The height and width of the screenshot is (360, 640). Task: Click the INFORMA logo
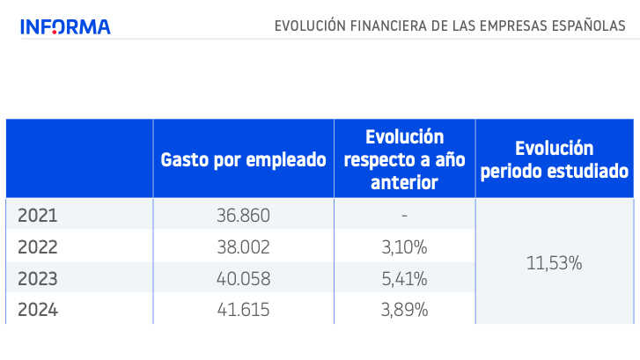(65, 26)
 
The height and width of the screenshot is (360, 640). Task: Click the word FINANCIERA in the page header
(385, 26)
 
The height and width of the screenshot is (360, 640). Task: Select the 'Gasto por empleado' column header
(243, 160)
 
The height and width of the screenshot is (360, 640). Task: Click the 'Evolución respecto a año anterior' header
(404, 159)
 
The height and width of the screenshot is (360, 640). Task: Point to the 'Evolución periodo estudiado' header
(554, 159)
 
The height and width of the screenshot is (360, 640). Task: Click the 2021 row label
(37, 215)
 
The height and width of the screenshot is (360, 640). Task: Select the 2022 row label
(37, 247)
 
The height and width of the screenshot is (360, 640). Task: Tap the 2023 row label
(37, 279)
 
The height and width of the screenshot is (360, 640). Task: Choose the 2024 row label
(37, 310)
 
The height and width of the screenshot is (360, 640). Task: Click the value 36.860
(243, 216)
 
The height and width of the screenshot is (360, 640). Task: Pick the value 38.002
(243, 247)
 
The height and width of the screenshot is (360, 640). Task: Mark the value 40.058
(243, 279)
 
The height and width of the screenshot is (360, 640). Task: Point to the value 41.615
(243, 310)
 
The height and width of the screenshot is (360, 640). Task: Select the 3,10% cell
(404, 247)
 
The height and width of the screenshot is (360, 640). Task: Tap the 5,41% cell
(404, 279)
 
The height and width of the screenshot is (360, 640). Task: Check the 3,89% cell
(404, 310)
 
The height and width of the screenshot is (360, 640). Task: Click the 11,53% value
(554, 262)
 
